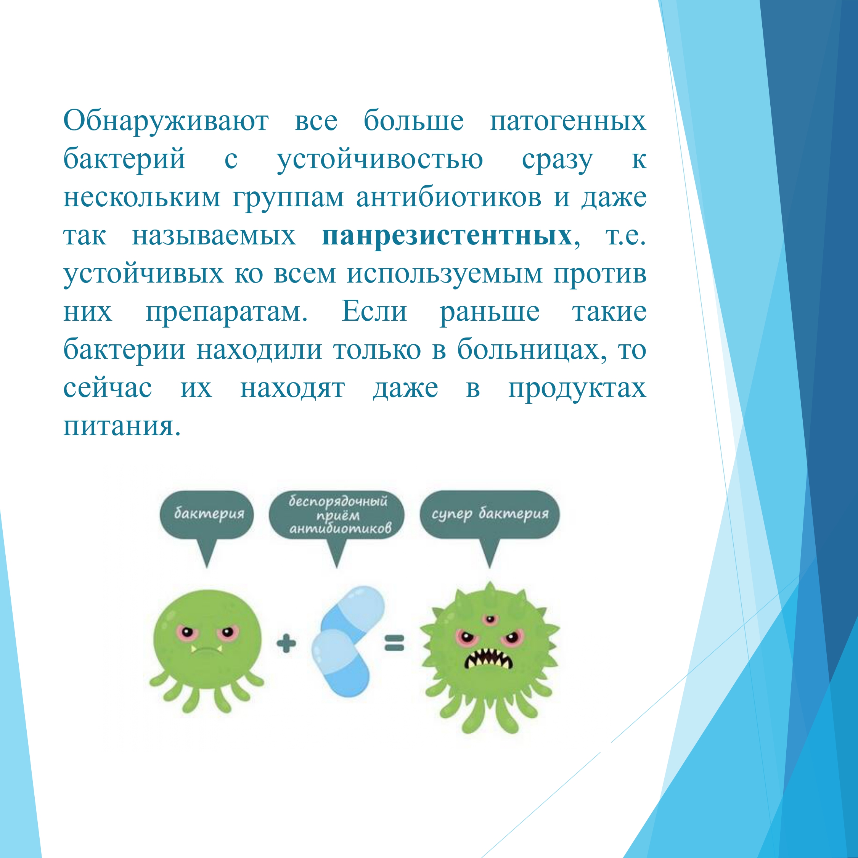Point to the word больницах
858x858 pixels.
[532, 350]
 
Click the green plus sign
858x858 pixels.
[286, 643]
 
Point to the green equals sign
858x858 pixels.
[394, 643]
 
